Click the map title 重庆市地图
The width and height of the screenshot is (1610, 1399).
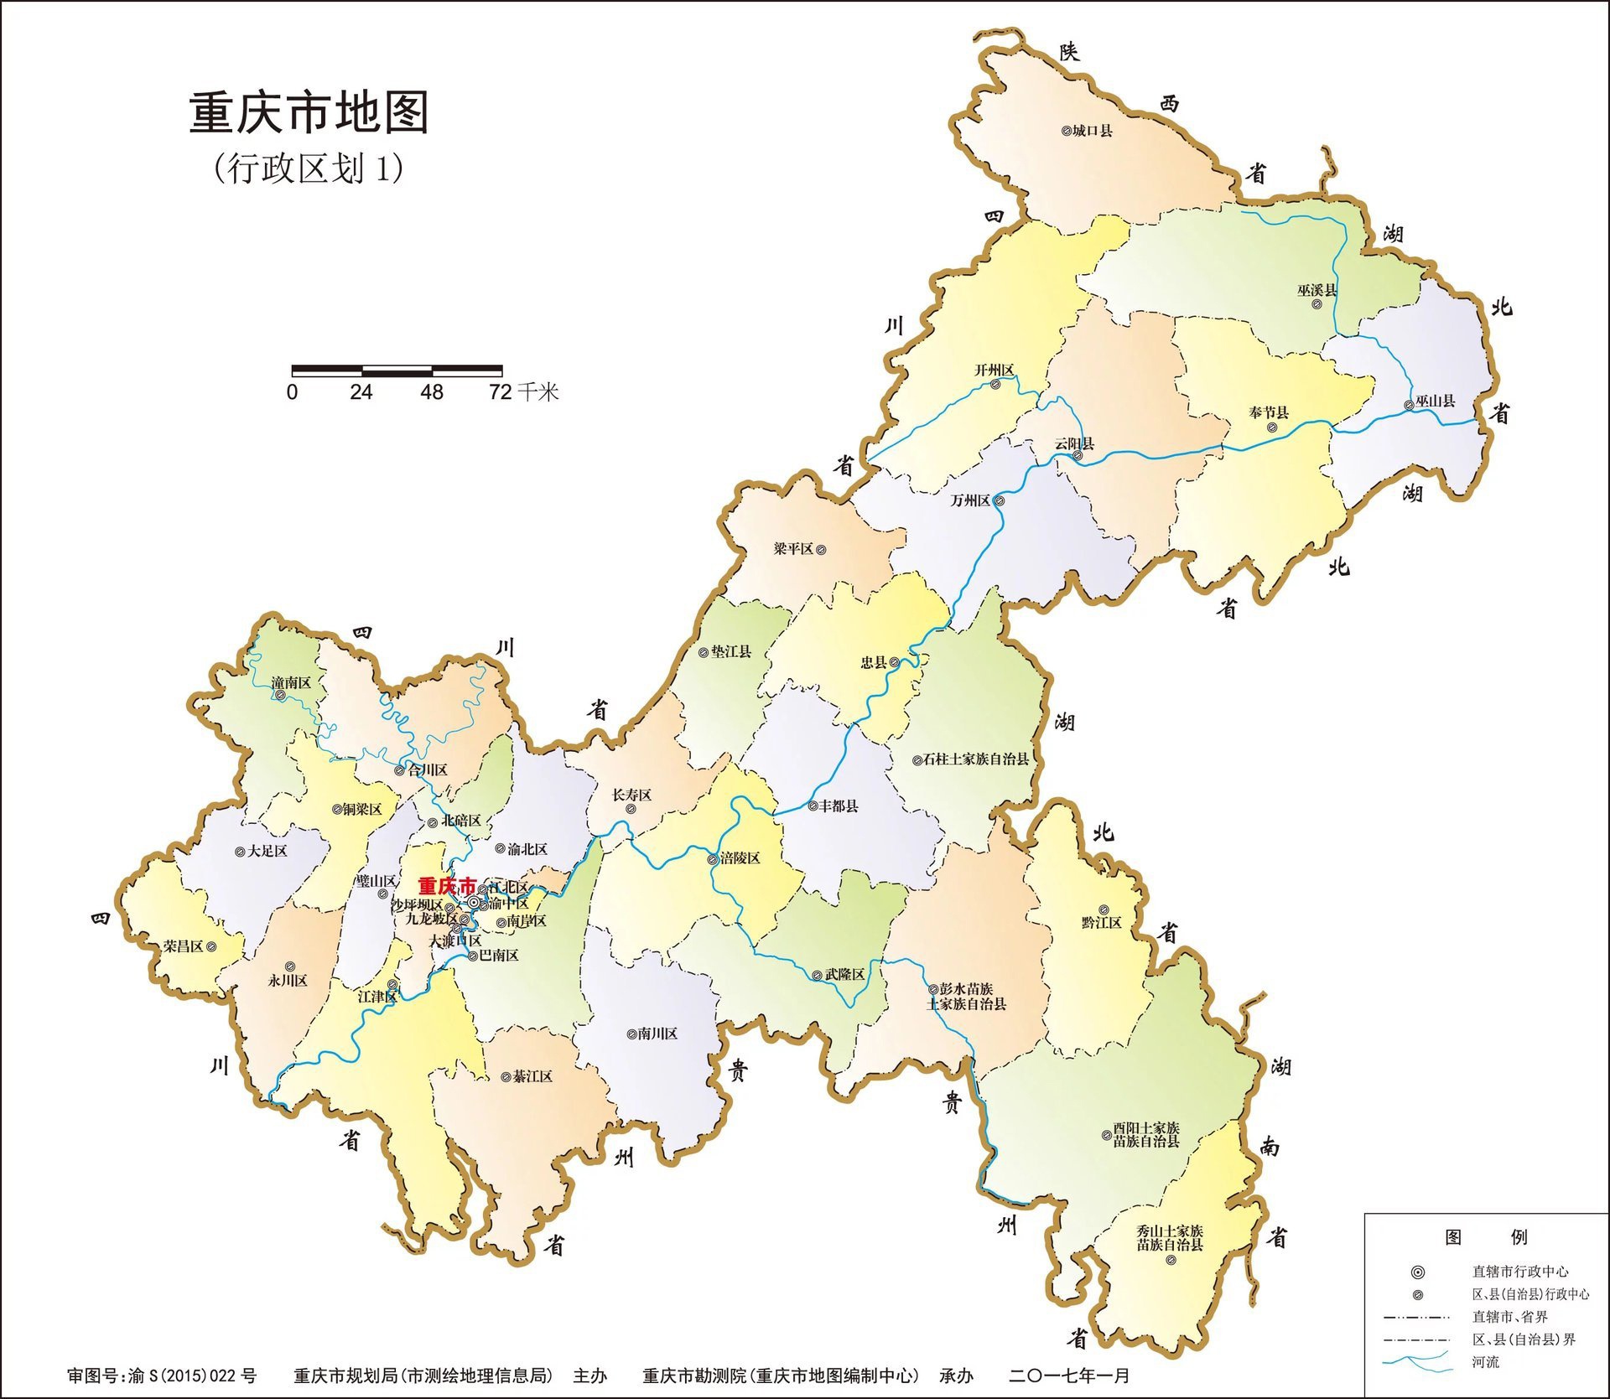[x=309, y=113]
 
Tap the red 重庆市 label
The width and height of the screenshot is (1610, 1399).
[x=446, y=886]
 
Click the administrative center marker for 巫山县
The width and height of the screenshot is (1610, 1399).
[x=1409, y=406]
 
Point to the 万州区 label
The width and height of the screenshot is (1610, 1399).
[x=970, y=500]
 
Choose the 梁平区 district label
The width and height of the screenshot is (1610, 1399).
[x=793, y=549]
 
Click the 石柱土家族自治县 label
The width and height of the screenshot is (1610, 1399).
[x=975, y=759]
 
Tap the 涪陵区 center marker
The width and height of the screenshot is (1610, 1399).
[x=713, y=859]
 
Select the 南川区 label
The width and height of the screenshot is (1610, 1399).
[x=657, y=1034]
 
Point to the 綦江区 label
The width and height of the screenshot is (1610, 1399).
[x=532, y=1076]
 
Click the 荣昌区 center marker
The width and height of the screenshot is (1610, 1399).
[x=211, y=946]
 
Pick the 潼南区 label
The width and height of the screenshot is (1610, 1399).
[x=291, y=683]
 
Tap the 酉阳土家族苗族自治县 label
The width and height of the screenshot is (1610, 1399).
[x=1145, y=1135]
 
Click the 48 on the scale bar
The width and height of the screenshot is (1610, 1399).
[x=432, y=392]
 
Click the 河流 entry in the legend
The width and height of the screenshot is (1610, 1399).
[x=1485, y=1362]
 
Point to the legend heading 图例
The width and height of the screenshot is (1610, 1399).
[x=1486, y=1237]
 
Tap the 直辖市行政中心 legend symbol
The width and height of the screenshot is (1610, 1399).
[x=1418, y=1272]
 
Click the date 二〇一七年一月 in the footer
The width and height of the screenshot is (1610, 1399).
[x=1069, y=1376]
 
